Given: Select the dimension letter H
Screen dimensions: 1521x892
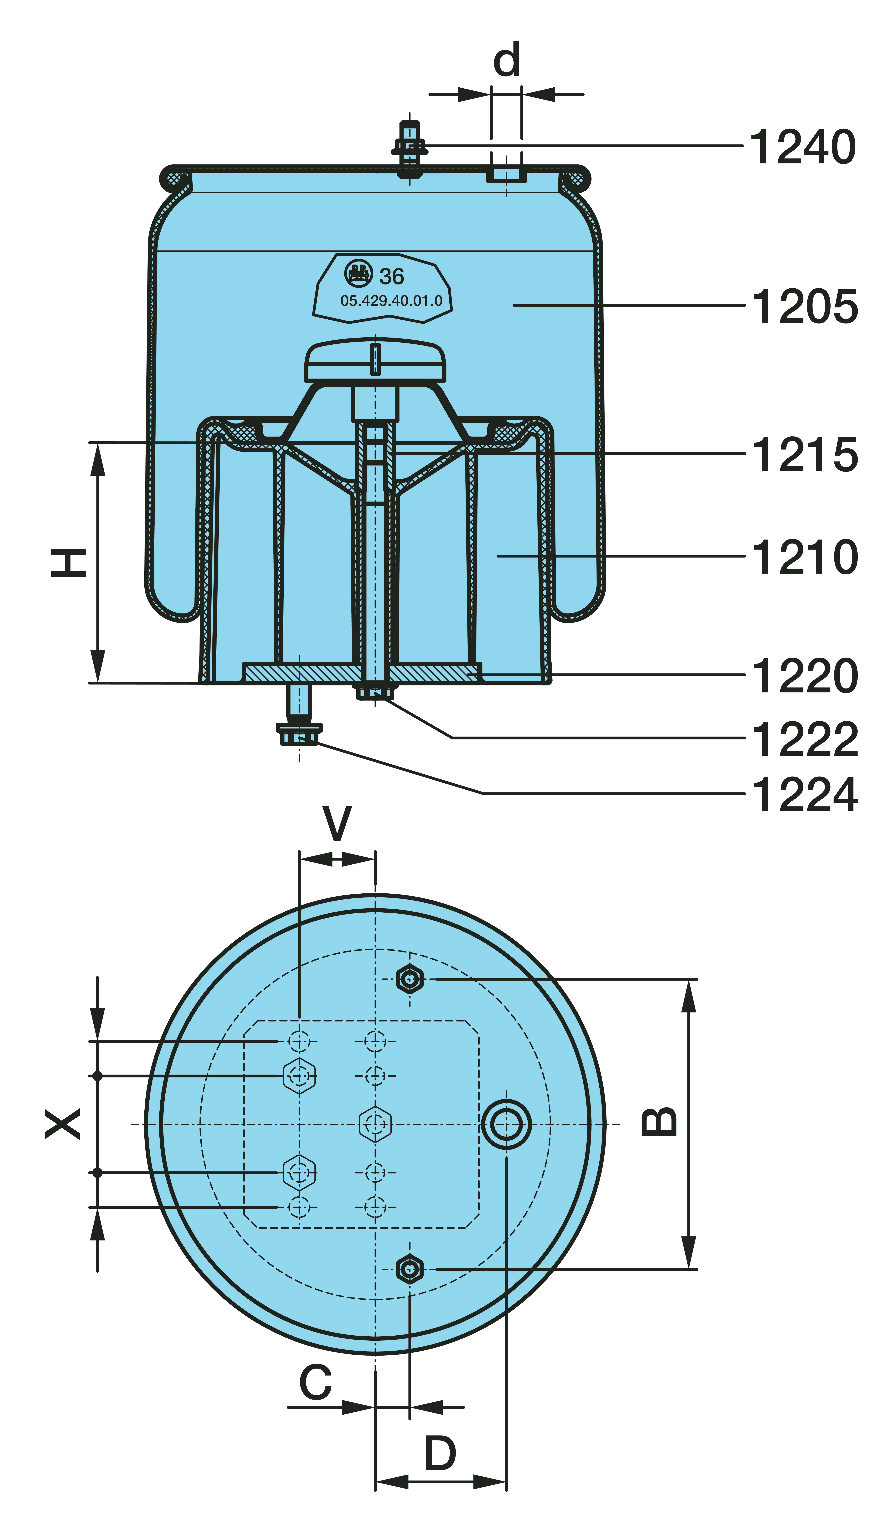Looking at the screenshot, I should click(x=69, y=563).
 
